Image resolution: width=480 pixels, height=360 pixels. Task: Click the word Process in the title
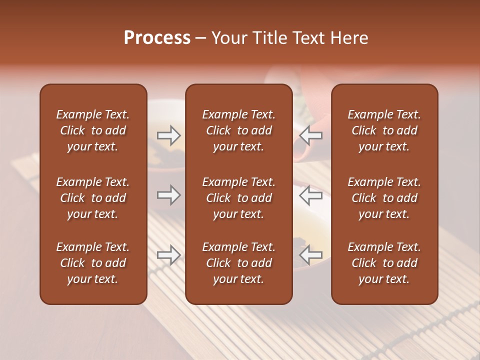tap(157, 38)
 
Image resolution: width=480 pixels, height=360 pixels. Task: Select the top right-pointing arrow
tap(168, 135)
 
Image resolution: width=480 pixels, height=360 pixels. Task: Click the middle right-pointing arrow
tap(168, 195)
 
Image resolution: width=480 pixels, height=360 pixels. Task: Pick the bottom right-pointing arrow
tap(168, 255)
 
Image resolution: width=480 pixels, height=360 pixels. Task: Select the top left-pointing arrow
tap(311, 135)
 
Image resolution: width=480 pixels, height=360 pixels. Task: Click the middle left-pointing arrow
tap(311, 195)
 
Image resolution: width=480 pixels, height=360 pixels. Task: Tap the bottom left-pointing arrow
tap(311, 255)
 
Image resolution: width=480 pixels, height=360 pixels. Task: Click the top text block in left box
tap(93, 130)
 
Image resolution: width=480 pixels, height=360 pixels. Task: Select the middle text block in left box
tap(93, 198)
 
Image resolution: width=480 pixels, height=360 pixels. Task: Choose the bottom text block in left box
tap(93, 263)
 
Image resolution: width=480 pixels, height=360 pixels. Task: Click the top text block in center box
tap(238, 130)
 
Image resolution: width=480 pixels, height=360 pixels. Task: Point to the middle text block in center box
tap(238, 198)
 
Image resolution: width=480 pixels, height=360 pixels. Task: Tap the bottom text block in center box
tap(238, 263)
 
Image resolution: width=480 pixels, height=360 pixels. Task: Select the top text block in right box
tap(384, 130)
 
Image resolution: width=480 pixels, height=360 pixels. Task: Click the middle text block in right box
tap(384, 198)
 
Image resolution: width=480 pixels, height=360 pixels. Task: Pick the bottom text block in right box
tap(384, 263)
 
